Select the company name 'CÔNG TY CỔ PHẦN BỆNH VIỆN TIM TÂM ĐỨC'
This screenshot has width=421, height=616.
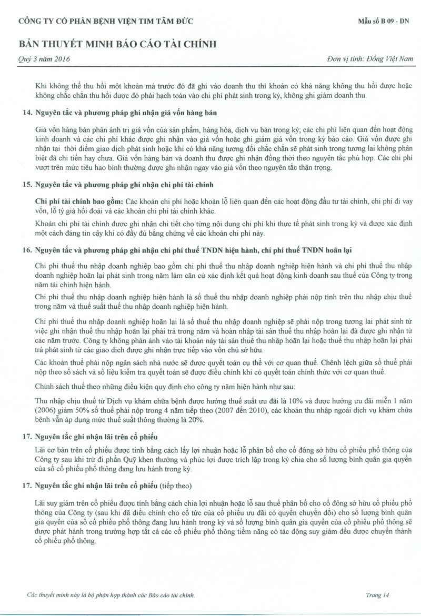coord(106,22)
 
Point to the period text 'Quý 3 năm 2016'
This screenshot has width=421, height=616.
coord(41,59)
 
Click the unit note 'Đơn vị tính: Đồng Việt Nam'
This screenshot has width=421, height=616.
coord(368,59)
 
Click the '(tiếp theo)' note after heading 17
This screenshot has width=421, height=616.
coord(176,484)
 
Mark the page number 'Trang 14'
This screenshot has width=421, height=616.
coord(377,595)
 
